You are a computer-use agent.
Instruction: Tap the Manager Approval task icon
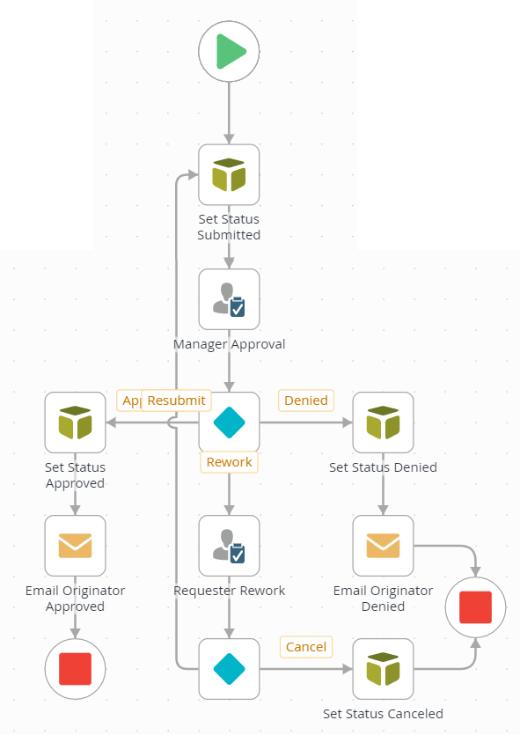[x=229, y=299]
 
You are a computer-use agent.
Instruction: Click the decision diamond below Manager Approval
[x=229, y=423]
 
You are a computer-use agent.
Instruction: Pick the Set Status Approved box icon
[x=75, y=423]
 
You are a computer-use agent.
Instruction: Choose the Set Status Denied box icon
[x=383, y=423]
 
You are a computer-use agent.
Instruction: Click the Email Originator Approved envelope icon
[x=75, y=546]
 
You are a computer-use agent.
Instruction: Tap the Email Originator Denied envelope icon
[x=383, y=546]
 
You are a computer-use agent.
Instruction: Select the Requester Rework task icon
[x=229, y=546]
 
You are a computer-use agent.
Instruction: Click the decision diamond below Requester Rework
[x=229, y=669]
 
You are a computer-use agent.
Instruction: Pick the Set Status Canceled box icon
[x=383, y=669]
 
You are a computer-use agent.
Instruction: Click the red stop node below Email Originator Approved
[x=75, y=669]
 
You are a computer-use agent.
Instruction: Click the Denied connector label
[x=305, y=401]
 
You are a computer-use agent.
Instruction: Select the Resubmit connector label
[x=176, y=401]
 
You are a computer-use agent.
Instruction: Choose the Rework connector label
[x=229, y=462]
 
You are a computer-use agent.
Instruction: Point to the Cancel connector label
[x=306, y=647]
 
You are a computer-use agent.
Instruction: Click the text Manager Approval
[x=229, y=344]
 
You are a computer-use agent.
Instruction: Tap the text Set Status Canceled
[x=383, y=714]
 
